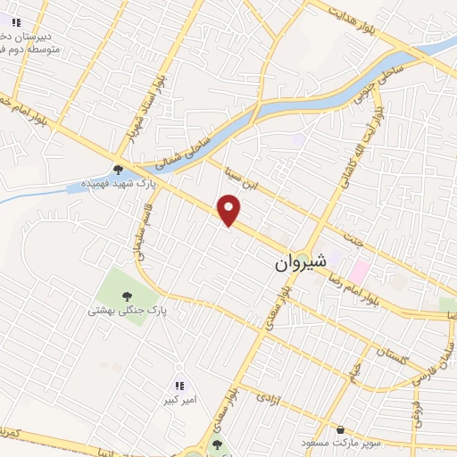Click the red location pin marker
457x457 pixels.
(x=230, y=211)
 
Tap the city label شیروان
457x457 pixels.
(x=295, y=265)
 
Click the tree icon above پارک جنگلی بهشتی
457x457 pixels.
(x=126, y=294)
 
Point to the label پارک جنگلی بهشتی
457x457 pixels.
(x=128, y=311)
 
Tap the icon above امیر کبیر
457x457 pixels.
(x=179, y=386)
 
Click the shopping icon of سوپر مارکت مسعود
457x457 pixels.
(x=340, y=429)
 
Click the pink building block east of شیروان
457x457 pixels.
(x=359, y=269)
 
